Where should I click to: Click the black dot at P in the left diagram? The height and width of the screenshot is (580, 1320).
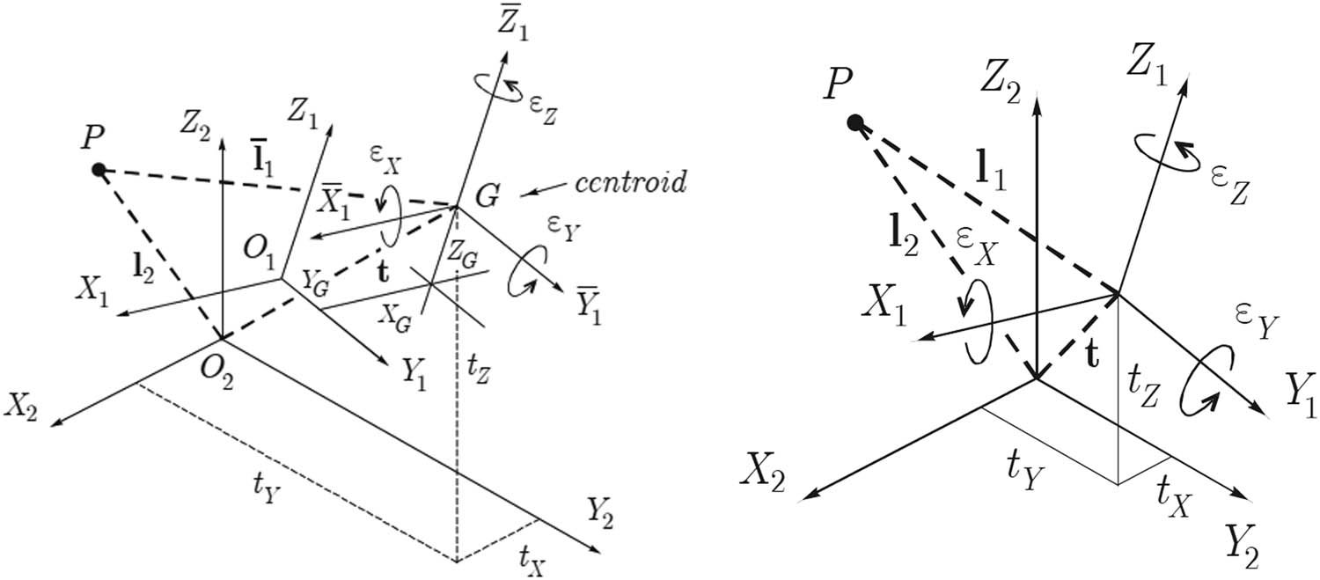(99, 169)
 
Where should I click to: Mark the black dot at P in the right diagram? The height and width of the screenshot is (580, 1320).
(854, 122)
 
